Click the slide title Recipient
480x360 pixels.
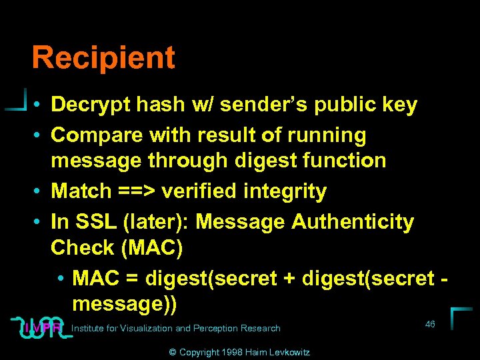tap(103, 58)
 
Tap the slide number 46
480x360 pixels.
tap(430, 324)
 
